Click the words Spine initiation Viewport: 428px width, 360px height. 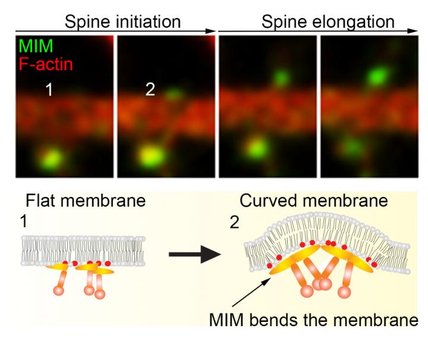point(122,22)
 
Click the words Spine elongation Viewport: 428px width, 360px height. point(328,22)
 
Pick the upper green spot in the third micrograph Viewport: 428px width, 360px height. point(281,77)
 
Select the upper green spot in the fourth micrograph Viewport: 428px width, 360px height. point(376,76)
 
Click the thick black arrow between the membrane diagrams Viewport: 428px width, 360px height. point(191,256)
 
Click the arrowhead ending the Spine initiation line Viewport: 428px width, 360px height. point(211,30)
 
